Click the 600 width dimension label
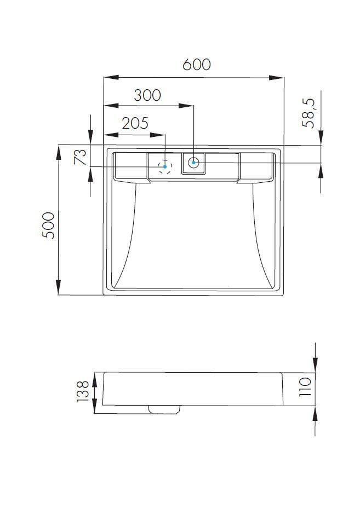197,65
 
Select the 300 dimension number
147,95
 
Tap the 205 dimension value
135,123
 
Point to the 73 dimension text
81,157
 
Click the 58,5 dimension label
308,113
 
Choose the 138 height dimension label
83,391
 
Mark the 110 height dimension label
305,387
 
